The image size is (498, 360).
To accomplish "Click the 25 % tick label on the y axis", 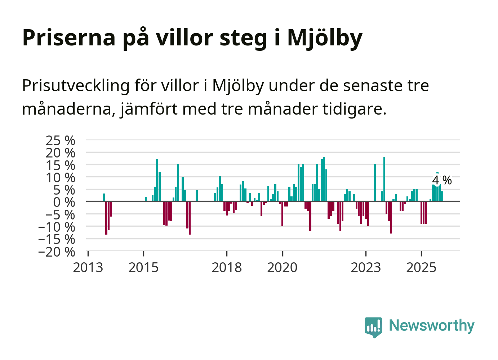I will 60,141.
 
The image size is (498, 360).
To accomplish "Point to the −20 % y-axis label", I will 57,252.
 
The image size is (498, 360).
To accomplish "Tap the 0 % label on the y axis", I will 64,202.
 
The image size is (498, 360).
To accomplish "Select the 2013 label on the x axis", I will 88,268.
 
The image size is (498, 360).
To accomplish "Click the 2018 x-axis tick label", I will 227,268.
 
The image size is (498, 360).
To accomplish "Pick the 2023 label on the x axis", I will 366,268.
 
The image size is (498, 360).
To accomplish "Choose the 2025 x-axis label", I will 421,268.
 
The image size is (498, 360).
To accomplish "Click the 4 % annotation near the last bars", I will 442,180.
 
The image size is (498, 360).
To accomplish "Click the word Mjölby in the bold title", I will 325,37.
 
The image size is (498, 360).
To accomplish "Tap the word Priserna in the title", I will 68,37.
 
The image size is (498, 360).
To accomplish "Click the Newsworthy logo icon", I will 373,327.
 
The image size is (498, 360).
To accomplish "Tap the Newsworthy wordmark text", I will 431,325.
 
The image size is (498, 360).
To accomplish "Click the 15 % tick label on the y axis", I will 60,165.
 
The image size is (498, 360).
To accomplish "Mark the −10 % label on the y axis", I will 57,227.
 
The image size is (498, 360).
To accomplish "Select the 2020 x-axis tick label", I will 282,268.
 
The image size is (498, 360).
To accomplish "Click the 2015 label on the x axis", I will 143,268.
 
